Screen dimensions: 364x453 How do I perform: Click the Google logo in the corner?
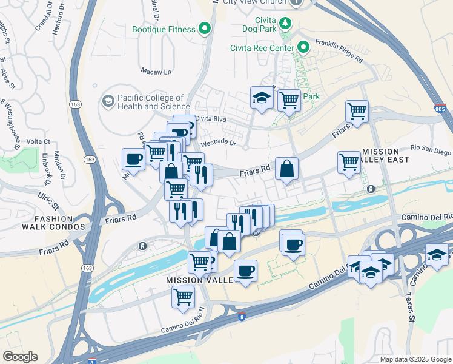tap(20, 357)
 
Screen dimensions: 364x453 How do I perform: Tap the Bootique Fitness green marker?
tap(205, 29)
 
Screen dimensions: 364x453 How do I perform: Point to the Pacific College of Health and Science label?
tap(150, 102)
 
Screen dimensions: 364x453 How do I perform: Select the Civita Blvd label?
tap(211, 120)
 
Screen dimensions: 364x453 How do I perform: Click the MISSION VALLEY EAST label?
tap(388, 155)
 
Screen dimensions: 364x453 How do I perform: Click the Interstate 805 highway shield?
tap(441, 109)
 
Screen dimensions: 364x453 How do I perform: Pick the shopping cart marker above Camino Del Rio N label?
tap(183, 297)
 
